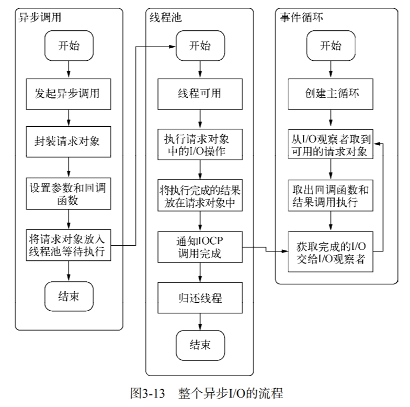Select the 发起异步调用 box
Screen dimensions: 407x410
69,94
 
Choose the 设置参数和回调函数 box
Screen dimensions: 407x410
69,193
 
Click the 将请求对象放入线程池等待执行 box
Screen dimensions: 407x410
69,244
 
